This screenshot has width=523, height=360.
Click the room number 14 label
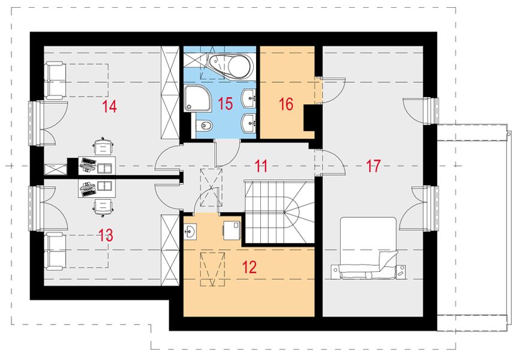(109, 107)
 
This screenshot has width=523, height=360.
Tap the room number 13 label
(105, 235)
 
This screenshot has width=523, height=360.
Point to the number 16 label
(285, 104)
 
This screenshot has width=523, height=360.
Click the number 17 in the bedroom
(373, 166)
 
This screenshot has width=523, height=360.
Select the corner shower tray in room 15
(196, 98)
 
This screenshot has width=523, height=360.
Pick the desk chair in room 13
(104, 207)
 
